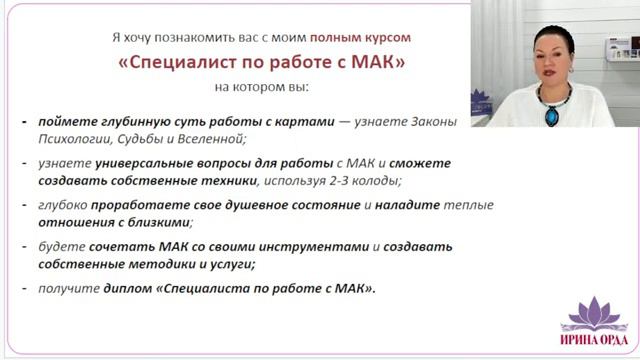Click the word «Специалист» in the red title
185,62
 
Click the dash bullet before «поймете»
24,122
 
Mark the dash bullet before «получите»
24,289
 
